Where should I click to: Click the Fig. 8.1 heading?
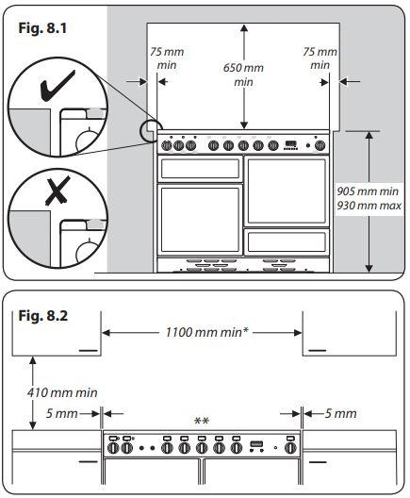click(x=42, y=28)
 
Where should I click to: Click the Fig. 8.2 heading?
click(x=43, y=316)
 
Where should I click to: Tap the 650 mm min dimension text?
click(x=243, y=75)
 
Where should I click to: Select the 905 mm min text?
click(x=368, y=191)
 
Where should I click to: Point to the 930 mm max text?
click(x=369, y=206)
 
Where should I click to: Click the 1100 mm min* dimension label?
click(x=207, y=333)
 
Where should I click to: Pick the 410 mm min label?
click(x=62, y=393)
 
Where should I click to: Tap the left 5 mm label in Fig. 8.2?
click(x=62, y=413)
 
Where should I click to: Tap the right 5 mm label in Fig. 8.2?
click(x=341, y=413)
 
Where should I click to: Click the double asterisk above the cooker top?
click(x=202, y=421)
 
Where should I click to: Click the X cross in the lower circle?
click(x=57, y=191)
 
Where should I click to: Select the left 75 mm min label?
click(x=167, y=58)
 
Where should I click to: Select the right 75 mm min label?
click(x=320, y=58)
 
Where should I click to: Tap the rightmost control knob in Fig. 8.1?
click(x=320, y=146)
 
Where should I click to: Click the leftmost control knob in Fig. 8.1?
click(x=167, y=146)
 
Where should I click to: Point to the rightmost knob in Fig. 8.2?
click(x=290, y=448)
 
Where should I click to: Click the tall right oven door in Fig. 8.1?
click(x=287, y=191)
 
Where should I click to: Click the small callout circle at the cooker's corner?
click(x=150, y=130)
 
